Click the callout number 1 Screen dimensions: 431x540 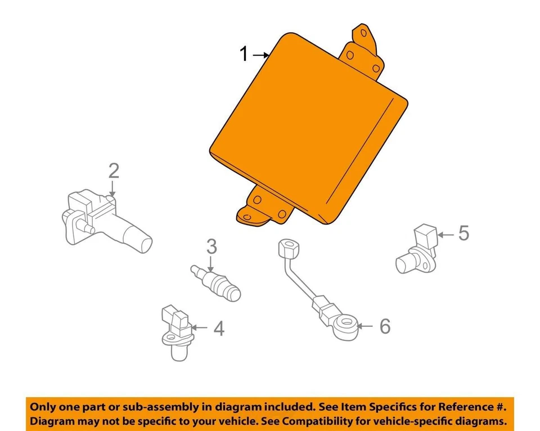(x=244, y=55)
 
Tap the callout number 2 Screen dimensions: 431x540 (x=114, y=170)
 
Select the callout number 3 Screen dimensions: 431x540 (x=211, y=246)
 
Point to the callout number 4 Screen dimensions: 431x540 (x=218, y=328)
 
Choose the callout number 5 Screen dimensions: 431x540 (x=463, y=233)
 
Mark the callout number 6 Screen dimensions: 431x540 (x=384, y=326)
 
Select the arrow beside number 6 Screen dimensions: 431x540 (x=364, y=326)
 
